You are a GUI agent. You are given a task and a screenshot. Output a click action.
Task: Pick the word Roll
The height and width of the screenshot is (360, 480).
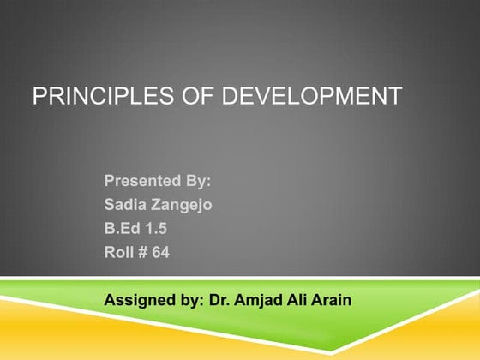[x=120, y=254]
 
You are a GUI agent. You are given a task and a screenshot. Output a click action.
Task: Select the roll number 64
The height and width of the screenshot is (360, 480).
[x=161, y=254]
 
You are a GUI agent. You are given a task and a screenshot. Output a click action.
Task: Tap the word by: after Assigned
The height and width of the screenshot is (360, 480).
[x=189, y=301]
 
